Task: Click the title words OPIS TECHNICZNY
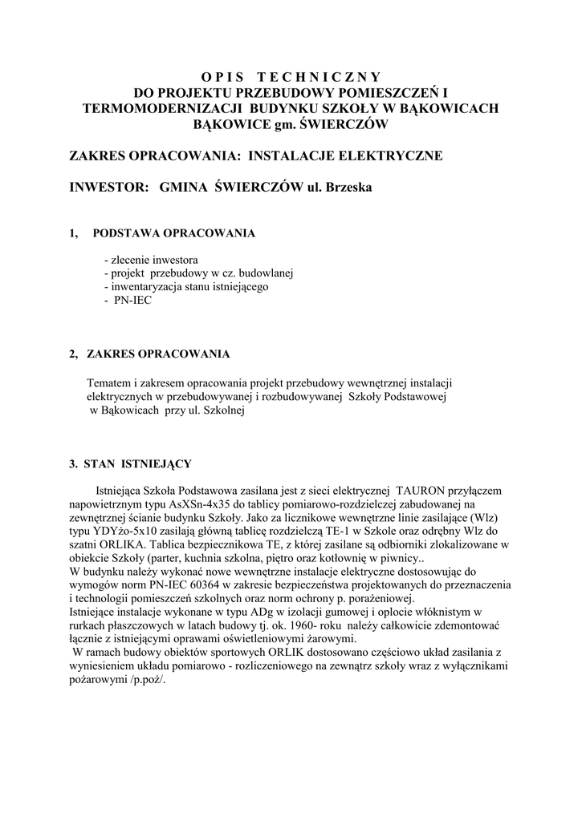(x=291, y=78)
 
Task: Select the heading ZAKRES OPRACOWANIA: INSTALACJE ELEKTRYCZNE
(x=255, y=155)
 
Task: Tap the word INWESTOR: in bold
(x=110, y=187)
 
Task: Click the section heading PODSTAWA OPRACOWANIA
(x=174, y=233)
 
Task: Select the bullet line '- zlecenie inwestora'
(x=151, y=261)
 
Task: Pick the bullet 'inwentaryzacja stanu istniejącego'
(x=189, y=286)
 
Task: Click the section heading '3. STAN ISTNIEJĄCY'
(x=130, y=464)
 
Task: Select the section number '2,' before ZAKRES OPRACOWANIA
(x=74, y=354)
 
